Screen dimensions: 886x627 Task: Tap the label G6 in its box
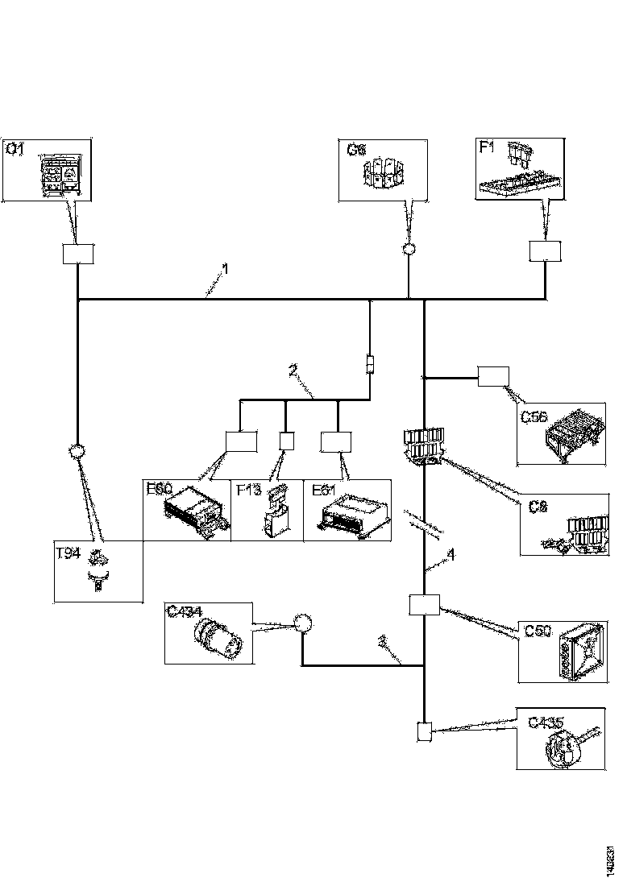(x=356, y=149)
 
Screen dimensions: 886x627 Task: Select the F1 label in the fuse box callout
(x=487, y=148)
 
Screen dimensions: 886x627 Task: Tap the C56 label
(x=533, y=416)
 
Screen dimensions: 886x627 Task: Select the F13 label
(x=247, y=488)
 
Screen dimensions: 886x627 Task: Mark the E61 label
(x=320, y=488)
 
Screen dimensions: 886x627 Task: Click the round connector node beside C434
(x=302, y=623)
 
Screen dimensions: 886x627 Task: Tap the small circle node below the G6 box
(x=409, y=249)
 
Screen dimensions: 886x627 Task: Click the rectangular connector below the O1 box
(x=78, y=254)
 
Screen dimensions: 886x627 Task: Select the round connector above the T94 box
(x=77, y=451)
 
